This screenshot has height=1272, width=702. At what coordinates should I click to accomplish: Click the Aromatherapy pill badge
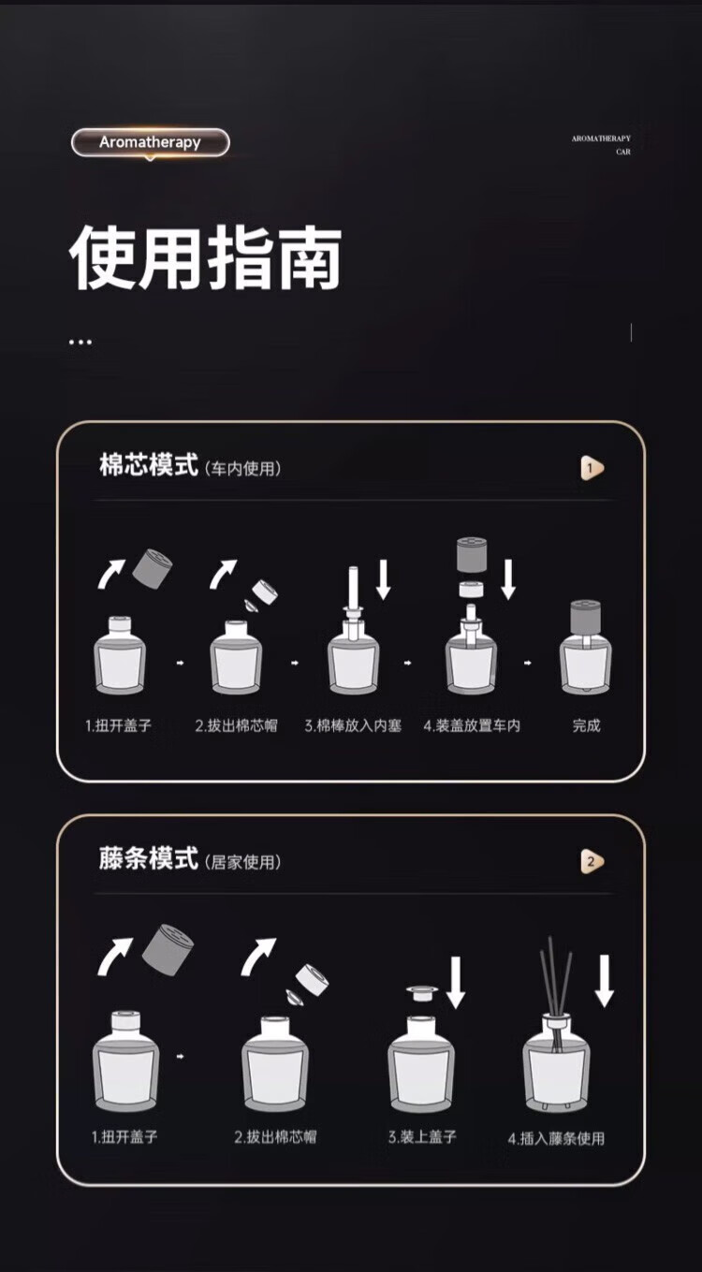pos(150,142)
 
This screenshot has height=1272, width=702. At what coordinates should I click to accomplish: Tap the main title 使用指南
pos(206,257)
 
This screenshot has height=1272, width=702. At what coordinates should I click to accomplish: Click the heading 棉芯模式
pos(149,464)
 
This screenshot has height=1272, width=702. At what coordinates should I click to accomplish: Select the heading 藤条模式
pos(149,858)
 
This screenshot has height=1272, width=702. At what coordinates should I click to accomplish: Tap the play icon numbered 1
pos(592,469)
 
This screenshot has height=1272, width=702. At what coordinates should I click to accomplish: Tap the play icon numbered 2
pos(592,861)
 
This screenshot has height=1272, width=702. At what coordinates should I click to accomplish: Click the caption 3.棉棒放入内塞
pos(353,725)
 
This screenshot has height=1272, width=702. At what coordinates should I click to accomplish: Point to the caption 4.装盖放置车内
pos(472,725)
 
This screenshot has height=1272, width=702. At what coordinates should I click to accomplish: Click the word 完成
pos(586,725)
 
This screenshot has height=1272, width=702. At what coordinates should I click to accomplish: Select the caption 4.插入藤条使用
pos(556,1138)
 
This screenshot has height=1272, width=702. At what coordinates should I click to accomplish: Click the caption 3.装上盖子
pos(422,1136)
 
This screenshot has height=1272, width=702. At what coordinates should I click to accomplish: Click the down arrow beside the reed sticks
pos(605,981)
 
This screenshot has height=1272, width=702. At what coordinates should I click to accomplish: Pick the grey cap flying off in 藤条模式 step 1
pos(168,948)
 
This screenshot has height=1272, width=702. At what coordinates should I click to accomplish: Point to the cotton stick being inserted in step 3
pos(353,593)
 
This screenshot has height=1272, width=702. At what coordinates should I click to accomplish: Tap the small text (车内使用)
pos(242,469)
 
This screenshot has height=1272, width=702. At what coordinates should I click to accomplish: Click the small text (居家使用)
pos(242,862)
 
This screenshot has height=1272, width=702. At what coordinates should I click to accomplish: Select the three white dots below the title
pos(80,342)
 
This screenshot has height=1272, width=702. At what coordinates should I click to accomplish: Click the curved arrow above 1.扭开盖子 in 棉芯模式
pos(110,574)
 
